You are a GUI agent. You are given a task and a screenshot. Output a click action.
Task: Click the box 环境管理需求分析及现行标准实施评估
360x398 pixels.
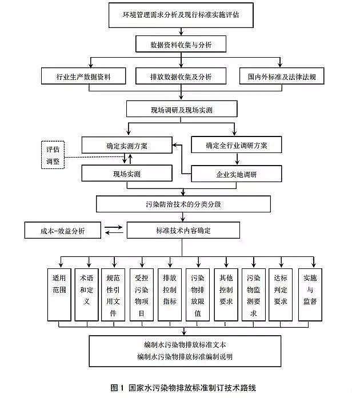pyautogui.click(x=181, y=15)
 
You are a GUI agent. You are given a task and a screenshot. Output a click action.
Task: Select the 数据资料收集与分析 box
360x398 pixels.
pyautogui.click(x=181, y=43)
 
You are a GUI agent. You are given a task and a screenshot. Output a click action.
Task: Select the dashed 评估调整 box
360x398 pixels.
pyautogui.click(x=53, y=155)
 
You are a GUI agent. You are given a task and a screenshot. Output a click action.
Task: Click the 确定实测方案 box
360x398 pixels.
pyautogui.click(x=126, y=145)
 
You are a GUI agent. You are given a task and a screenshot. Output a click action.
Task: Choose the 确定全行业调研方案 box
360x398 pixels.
pyautogui.click(x=236, y=145)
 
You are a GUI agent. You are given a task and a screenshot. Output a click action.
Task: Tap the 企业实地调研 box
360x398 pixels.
pyautogui.click(x=236, y=174)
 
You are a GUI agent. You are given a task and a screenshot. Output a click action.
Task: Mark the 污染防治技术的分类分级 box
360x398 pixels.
pyautogui.click(x=181, y=203)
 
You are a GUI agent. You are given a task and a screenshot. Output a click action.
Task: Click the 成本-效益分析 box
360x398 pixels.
pyautogui.click(x=63, y=231)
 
